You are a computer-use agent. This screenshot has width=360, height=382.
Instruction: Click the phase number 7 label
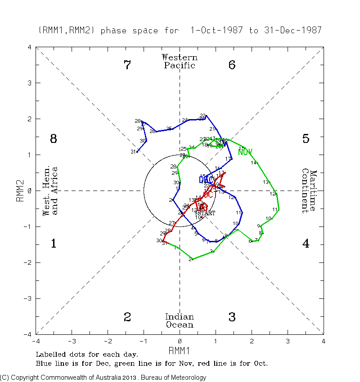pos(127,65)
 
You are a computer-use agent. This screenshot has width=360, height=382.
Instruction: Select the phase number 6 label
pos(232,65)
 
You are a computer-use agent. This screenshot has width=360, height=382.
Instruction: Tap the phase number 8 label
pos(53,139)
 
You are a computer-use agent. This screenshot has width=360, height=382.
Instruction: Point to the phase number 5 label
pos(306,139)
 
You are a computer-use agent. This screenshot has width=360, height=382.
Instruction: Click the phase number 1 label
pos(53,244)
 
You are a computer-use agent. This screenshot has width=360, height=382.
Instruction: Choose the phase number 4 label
pos(306,244)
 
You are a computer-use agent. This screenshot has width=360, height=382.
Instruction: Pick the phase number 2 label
pos(127,317)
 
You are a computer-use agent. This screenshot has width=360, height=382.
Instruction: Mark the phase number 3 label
pos(232,317)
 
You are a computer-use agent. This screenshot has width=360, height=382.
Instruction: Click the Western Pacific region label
pos(180,62)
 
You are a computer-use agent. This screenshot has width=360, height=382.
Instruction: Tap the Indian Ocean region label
pos(180,321)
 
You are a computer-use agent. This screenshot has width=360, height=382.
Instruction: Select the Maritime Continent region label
pos(309,191)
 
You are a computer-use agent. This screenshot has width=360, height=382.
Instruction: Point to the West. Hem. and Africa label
pos(50,191)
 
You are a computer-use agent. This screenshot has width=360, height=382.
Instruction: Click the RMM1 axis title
pos(180,350)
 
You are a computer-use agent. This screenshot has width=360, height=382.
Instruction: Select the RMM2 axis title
pos(20,191)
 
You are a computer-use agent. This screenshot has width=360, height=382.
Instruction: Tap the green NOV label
pos(245,152)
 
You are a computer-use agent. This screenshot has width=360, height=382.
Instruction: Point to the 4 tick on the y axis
pos(29,47)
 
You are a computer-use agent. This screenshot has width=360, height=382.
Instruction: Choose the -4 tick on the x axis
pos(36,342)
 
